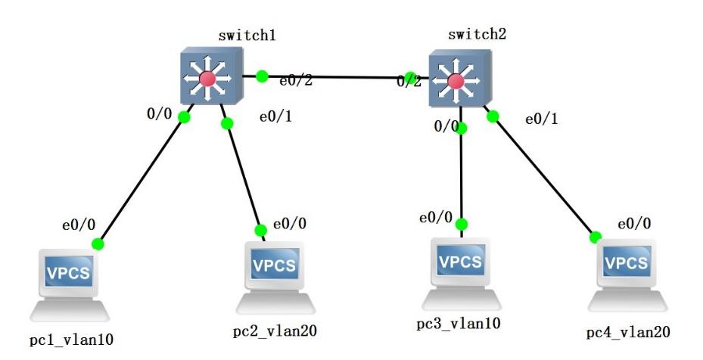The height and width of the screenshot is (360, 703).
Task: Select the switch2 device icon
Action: [456, 80]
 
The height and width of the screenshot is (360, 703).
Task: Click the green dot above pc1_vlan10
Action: [97, 244]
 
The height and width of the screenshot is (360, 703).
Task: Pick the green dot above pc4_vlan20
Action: [596, 237]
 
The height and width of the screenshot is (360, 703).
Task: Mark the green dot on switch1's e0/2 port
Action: [262, 76]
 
